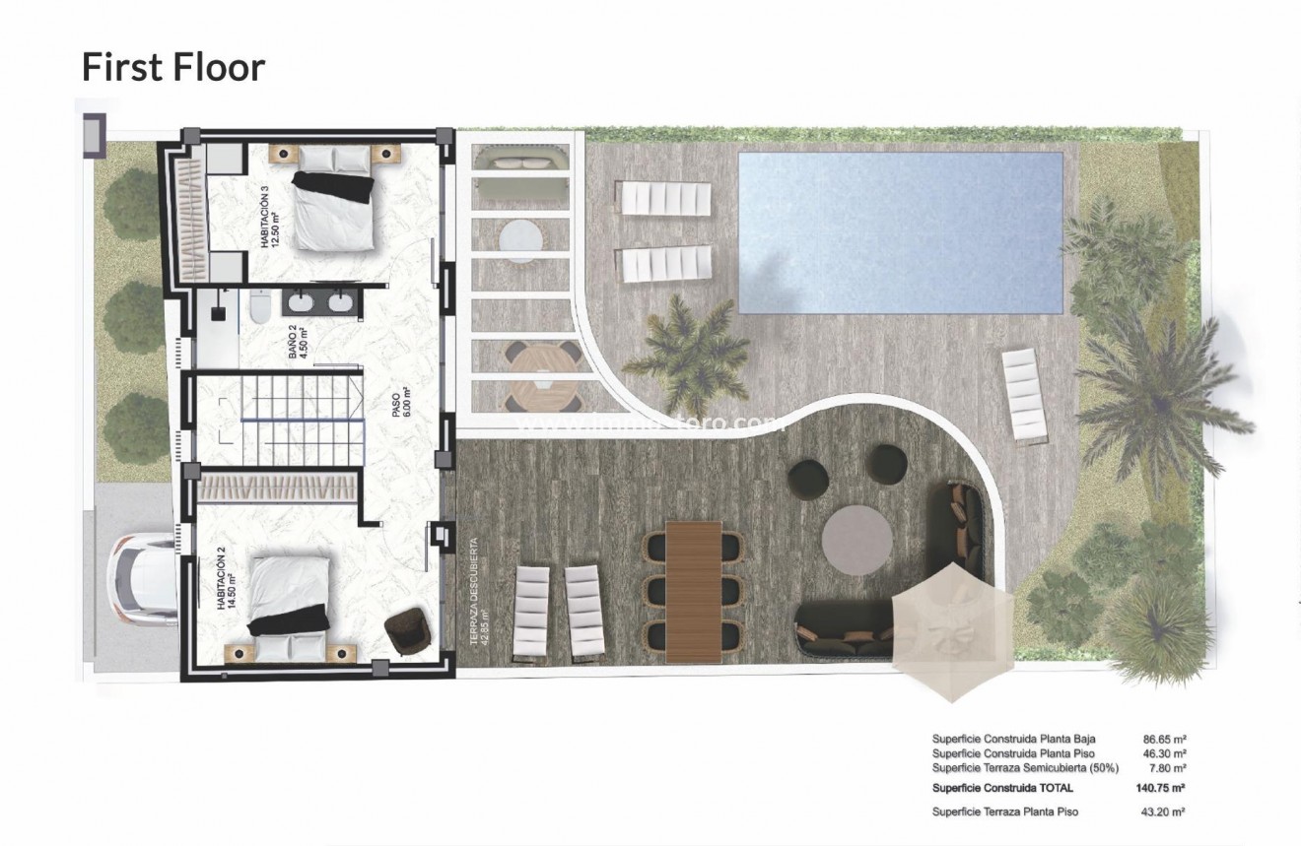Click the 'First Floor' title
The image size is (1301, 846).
tap(172, 67)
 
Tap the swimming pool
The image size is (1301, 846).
tap(900, 231)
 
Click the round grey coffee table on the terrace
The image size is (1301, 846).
tap(856, 540)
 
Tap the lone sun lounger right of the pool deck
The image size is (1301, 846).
tap(1024, 395)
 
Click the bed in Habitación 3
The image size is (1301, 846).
tap(333, 201)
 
